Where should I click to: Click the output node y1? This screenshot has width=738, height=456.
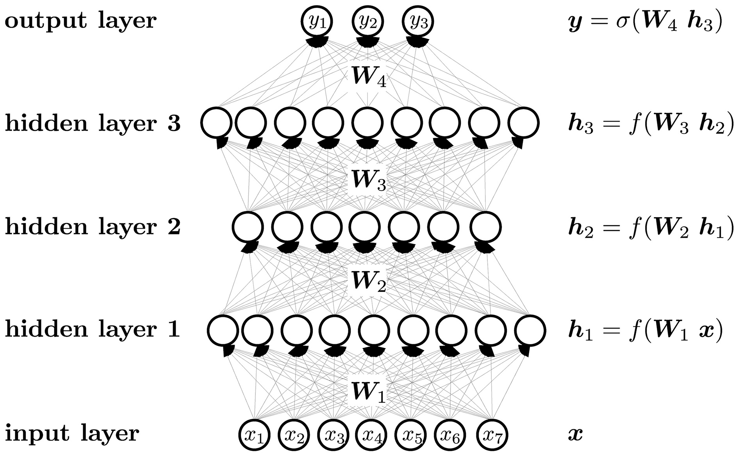click(317, 21)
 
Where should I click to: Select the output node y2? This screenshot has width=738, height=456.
click(367, 21)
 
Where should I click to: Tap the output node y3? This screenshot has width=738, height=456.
click(418, 21)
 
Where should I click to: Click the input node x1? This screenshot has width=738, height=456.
click(255, 435)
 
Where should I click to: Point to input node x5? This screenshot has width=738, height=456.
click(411, 435)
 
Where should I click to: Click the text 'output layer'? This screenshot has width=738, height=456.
click(80, 21)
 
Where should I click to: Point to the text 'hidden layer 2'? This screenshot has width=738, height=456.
click(93, 227)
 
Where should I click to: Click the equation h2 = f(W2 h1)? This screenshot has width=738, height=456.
click(651, 228)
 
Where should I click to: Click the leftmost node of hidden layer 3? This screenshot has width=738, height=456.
click(217, 122)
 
